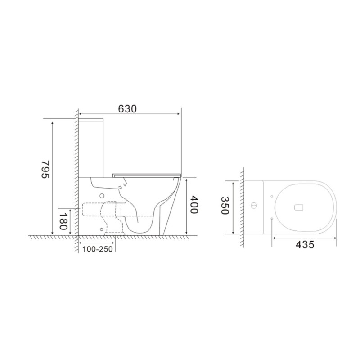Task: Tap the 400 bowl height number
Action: tap(195, 206)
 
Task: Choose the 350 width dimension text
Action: tap(225, 206)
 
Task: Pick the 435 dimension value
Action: tap(304, 244)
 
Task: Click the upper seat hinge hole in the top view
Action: tap(272, 197)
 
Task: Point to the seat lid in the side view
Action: tap(146, 173)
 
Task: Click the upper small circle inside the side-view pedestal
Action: tap(102, 195)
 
